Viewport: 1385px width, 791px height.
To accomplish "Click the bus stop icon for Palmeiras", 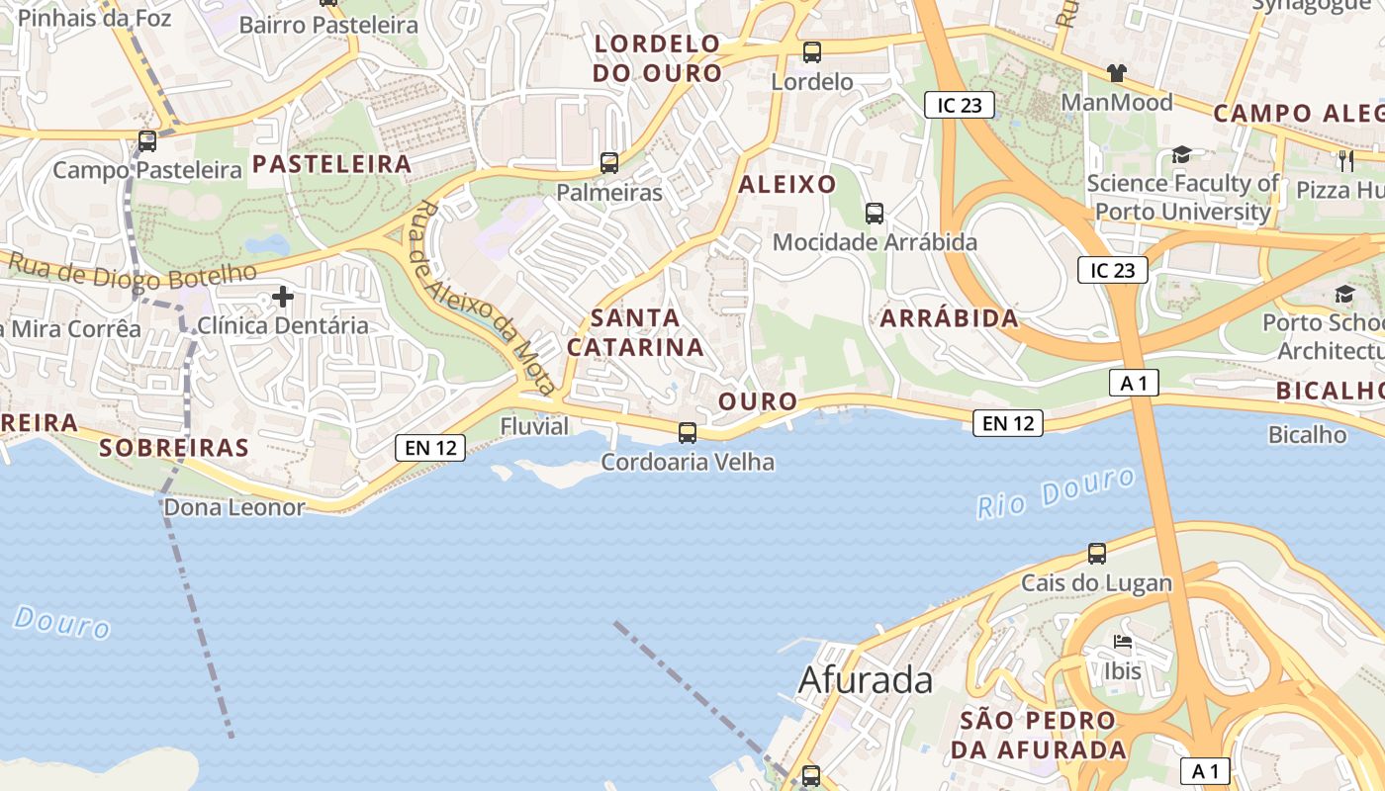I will (609, 163).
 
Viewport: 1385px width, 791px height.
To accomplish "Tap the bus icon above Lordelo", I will (812, 52).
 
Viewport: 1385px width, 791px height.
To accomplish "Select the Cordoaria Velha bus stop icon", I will (688, 433).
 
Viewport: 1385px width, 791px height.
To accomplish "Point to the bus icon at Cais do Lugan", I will (1096, 554).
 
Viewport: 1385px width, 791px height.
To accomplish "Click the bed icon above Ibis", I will (1123, 643).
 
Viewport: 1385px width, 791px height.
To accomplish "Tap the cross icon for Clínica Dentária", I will (284, 296).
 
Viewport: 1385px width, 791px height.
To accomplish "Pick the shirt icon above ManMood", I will (1117, 73).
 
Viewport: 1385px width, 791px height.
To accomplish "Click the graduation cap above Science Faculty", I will (1181, 154).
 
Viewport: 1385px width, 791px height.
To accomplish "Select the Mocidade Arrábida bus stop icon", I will (875, 213).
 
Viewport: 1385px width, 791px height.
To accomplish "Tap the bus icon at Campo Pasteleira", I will (147, 141).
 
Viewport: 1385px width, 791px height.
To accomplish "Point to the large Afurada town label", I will (865, 680).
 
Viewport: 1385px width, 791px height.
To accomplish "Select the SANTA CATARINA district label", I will (635, 332).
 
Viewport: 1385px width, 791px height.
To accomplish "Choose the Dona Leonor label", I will (233, 508).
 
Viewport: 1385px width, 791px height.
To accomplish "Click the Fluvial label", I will (534, 426).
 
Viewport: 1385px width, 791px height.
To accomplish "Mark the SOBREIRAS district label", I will (174, 448).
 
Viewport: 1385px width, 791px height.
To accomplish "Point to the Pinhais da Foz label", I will (94, 18).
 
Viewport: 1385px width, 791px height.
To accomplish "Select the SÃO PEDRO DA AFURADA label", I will (1038, 735).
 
